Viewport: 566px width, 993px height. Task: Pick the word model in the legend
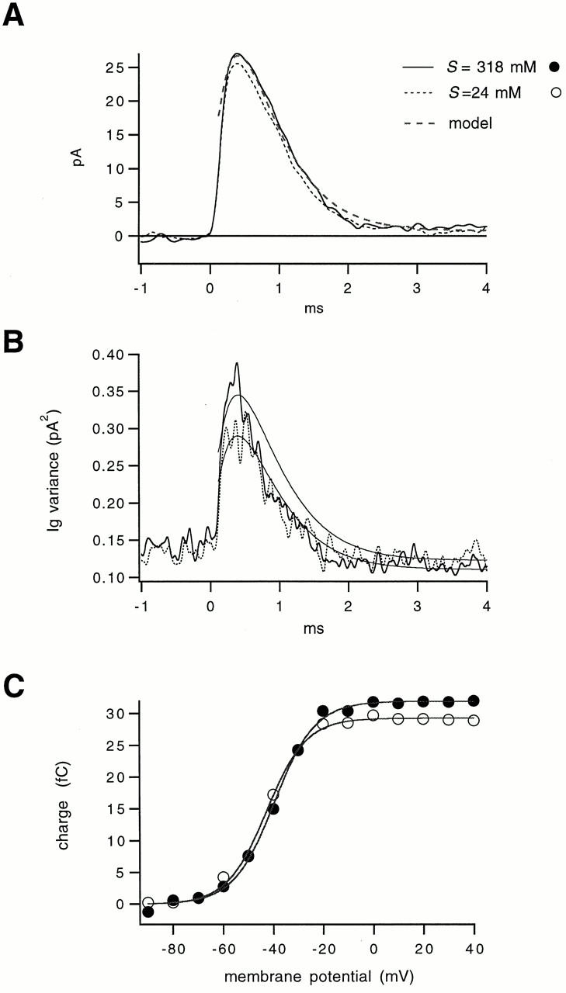coord(471,123)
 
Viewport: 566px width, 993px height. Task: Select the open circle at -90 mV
coord(148,903)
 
